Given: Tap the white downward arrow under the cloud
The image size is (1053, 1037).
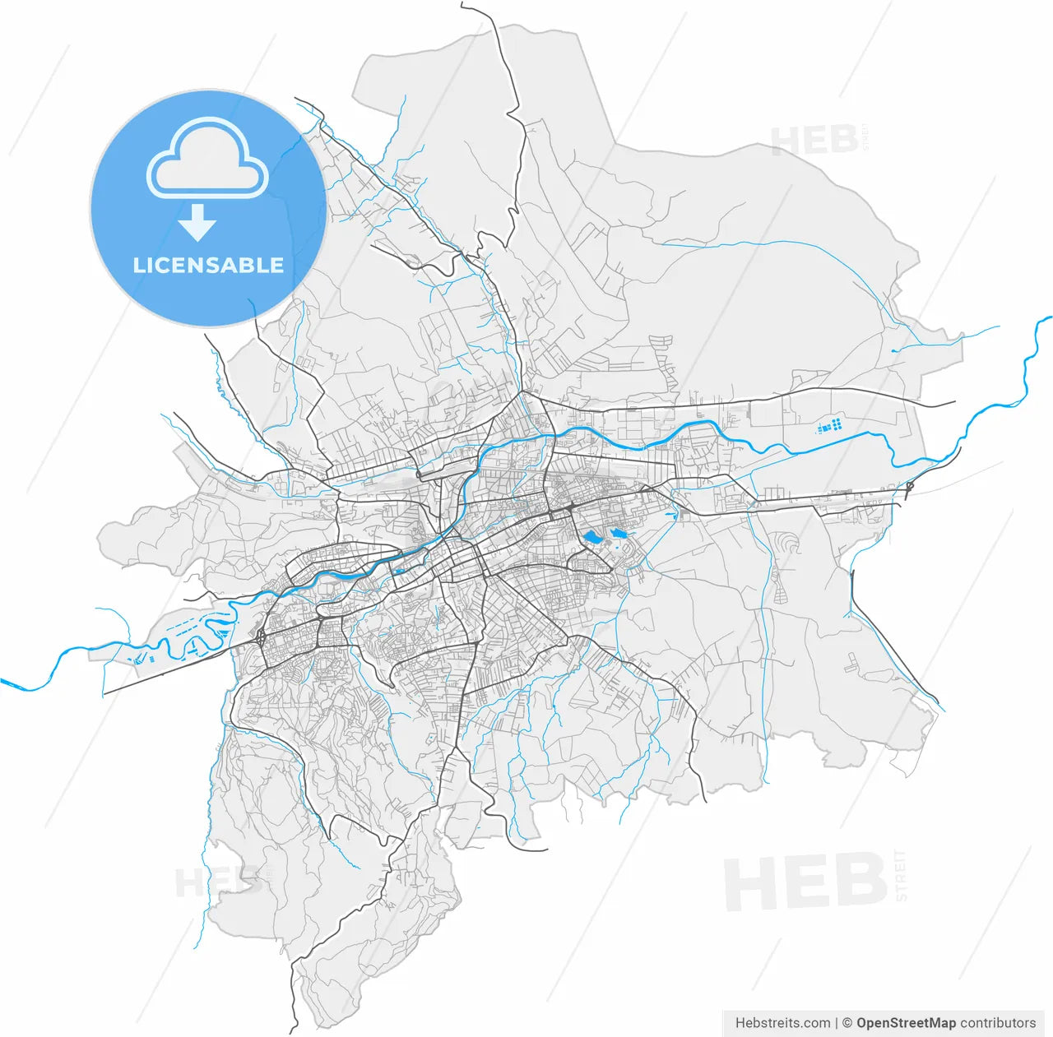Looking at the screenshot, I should [x=197, y=223].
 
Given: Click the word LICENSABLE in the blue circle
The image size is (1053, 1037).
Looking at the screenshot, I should [x=208, y=265].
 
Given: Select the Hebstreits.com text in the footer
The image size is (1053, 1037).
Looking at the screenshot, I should [x=782, y=1023].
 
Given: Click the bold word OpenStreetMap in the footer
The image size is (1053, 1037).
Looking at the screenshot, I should [x=906, y=1023].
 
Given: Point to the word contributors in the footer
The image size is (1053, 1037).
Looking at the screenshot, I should [x=998, y=1023].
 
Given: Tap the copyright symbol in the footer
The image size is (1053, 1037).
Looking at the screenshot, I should [x=847, y=1023].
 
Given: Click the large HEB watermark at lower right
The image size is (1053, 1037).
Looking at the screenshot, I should [x=806, y=882].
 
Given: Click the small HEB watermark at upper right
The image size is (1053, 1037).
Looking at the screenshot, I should [x=814, y=141].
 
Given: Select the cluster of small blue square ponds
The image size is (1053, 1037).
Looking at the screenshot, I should [x=831, y=426].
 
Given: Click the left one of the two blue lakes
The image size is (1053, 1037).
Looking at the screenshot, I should [x=590, y=538].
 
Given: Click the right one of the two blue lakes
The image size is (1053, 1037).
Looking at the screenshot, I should [x=618, y=534].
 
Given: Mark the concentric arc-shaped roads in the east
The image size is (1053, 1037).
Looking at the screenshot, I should [x=788, y=544].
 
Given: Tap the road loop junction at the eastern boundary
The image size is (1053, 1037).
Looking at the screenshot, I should [x=910, y=486].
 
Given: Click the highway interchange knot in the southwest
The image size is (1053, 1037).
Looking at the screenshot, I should [x=260, y=637].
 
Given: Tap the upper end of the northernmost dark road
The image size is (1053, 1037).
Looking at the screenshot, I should [x=462, y=4].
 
